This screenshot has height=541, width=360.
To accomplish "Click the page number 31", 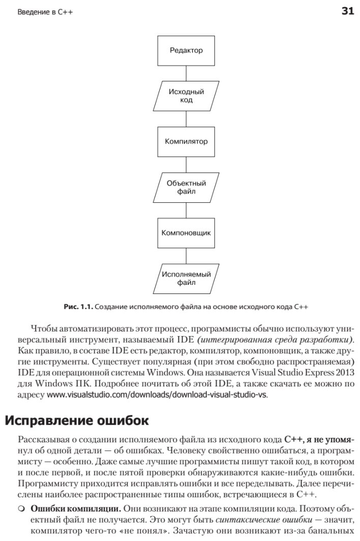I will [x=348, y=11].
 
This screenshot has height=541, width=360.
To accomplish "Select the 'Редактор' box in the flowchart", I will [x=186, y=50].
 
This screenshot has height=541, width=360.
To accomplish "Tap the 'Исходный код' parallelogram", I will [x=186, y=96].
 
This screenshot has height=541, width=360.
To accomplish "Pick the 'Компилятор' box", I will [x=186, y=141].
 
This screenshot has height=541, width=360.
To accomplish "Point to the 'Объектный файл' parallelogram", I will [x=186, y=187].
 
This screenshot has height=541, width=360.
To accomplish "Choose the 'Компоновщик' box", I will [x=186, y=233].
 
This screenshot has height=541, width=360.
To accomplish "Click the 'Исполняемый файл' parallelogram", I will [x=186, y=279].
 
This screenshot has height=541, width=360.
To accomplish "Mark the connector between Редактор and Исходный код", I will [x=186, y=73].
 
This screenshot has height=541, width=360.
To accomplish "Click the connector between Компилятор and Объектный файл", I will [x=186, y=164].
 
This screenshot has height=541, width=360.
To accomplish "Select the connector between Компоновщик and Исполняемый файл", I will [x=186, y=256].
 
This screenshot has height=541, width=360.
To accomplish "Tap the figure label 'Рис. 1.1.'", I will [x=77, y=307].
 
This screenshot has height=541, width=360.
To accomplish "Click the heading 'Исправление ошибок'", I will [x=77, y=421].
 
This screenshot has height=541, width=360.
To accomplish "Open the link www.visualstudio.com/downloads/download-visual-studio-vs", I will [x=157, y=394].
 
